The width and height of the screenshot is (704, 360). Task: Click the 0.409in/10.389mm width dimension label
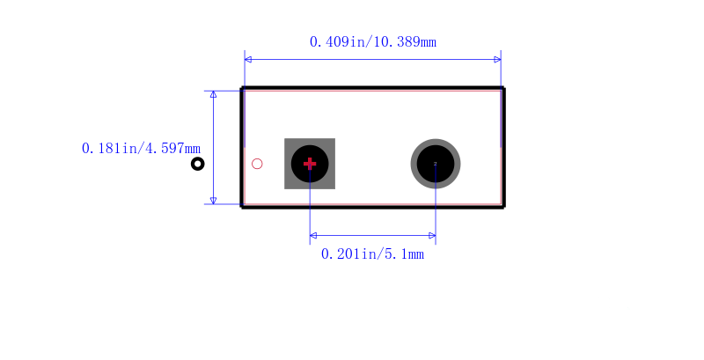point(372,41)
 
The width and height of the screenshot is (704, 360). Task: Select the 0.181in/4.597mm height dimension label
point(141,148)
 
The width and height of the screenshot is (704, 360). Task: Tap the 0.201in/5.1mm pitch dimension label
point(372,254)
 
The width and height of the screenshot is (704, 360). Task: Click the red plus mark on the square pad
point(310,164)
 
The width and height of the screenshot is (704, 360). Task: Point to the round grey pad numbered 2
point(436,164)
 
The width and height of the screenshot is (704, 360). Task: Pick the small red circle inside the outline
point(257,164)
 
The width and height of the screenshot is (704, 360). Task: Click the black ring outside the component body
point(197,164)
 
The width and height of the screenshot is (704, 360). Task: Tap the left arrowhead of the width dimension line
point(248,59)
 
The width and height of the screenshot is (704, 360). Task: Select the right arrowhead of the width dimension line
point(497,59)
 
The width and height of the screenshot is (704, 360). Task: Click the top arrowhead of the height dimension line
point(213,94)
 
